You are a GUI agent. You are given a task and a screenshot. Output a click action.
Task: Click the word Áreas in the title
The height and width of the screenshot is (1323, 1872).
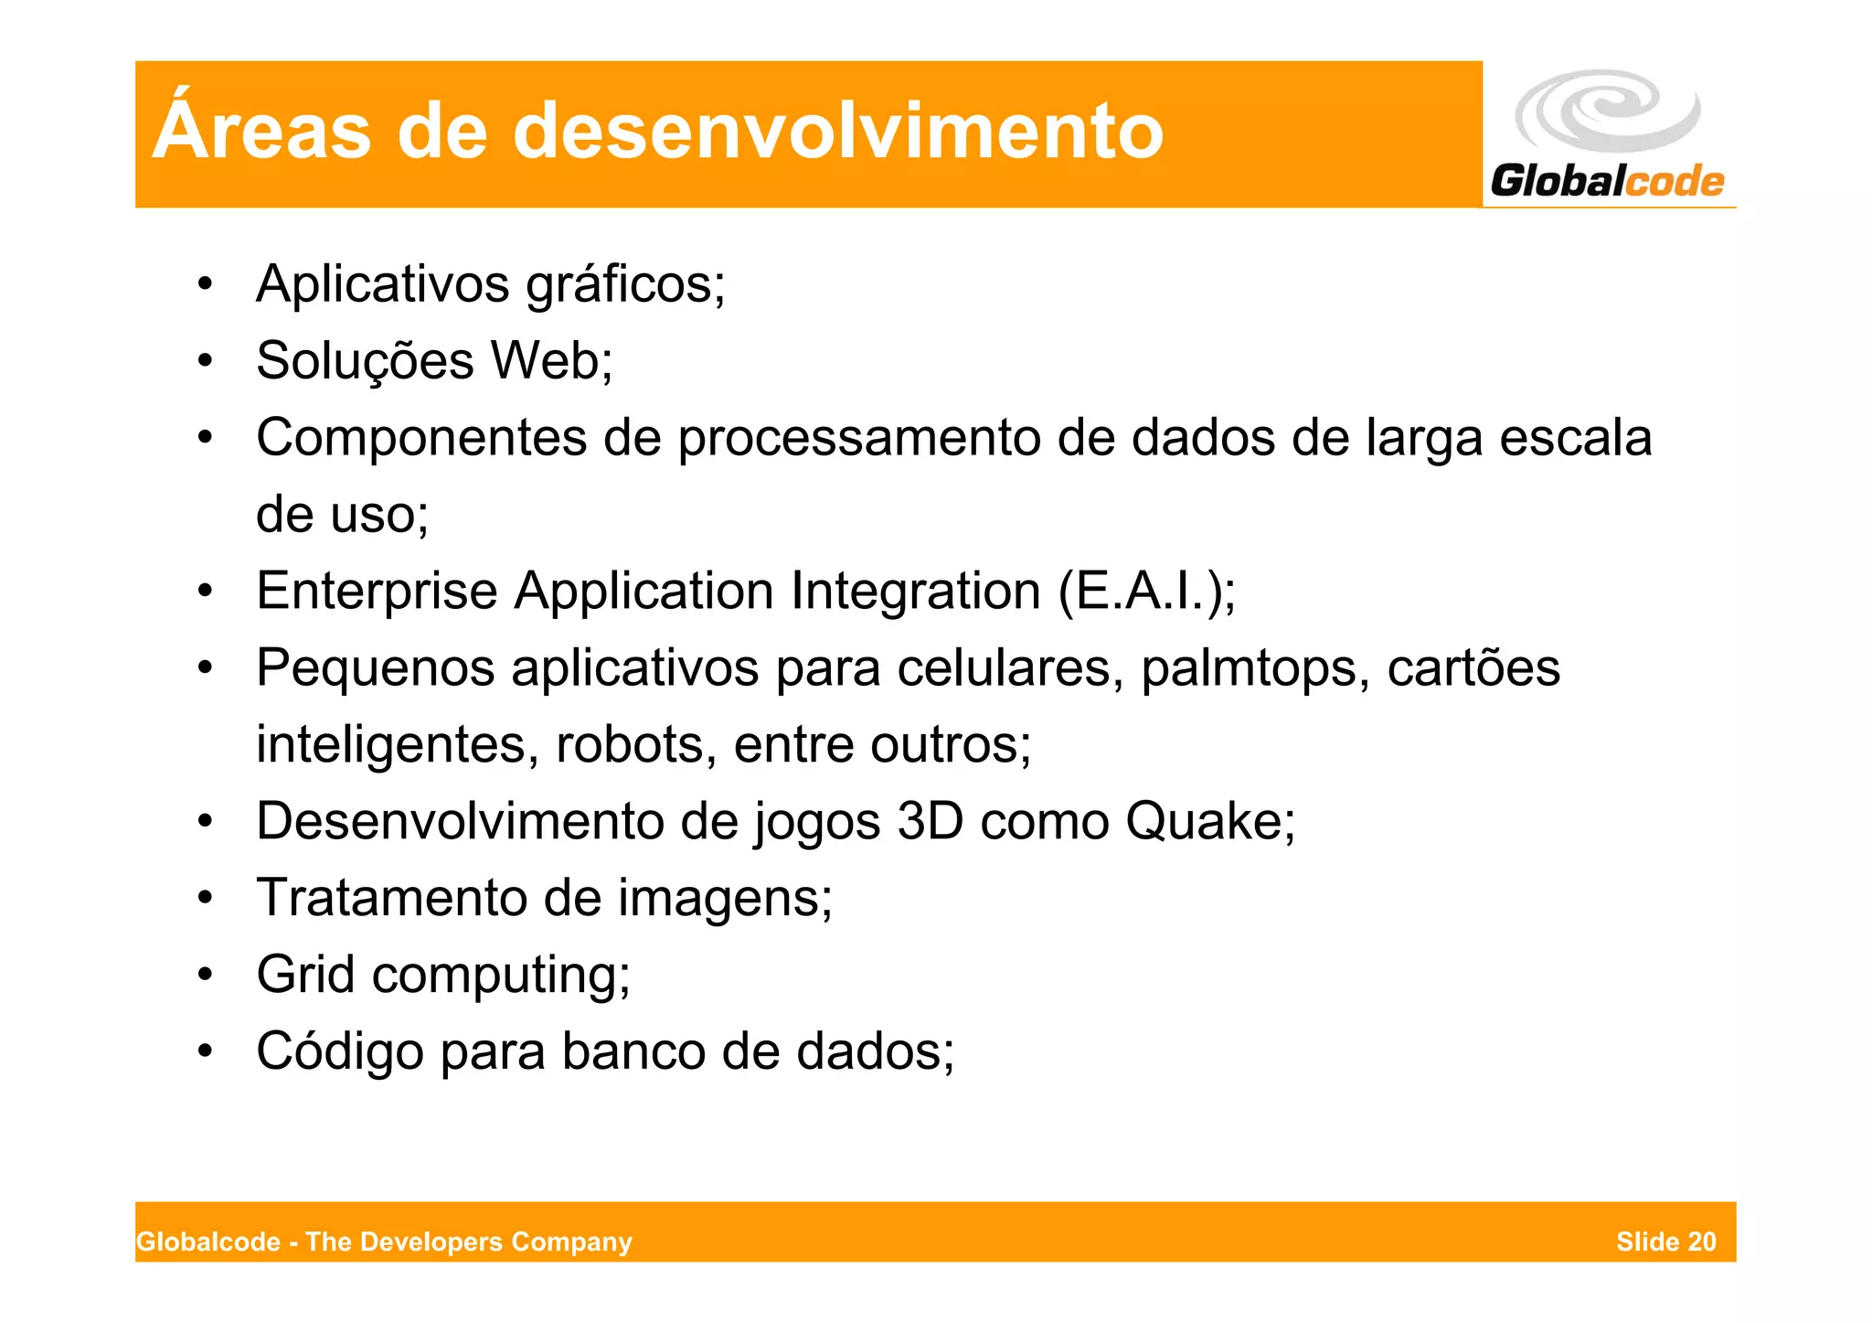click(x=261, y=130)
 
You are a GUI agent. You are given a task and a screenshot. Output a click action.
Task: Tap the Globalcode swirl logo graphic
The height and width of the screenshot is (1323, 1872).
click(x=1607, y=112)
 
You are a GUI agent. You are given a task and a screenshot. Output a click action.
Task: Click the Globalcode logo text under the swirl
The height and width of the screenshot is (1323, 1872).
click(x=1607, y=180)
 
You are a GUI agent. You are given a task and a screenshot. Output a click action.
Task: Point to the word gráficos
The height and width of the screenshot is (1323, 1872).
click(x=625, y=285)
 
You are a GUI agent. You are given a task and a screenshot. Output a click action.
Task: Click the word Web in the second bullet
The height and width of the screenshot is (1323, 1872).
click(x=551, y=360)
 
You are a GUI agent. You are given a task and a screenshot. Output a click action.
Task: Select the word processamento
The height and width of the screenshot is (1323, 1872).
click(x=858, y=438)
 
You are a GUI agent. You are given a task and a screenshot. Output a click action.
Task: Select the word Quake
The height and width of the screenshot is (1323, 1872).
click(x=1200, y=821)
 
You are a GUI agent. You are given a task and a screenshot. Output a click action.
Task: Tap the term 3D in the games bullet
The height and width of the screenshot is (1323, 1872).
click(x=930, y=821)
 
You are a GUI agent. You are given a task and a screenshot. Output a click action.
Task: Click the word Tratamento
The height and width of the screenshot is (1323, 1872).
click(x=391, y=898)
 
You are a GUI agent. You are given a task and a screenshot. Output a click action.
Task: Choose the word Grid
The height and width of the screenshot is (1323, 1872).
click(x=305, y=975)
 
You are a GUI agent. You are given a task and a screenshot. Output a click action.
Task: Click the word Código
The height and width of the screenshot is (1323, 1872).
click(x=340, y=1051)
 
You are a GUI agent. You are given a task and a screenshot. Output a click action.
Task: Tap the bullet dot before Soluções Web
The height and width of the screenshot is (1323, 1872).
click(x=206, y=361)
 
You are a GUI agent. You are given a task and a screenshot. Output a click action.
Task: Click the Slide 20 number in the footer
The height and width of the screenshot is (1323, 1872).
click(x=1665, y=1242)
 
